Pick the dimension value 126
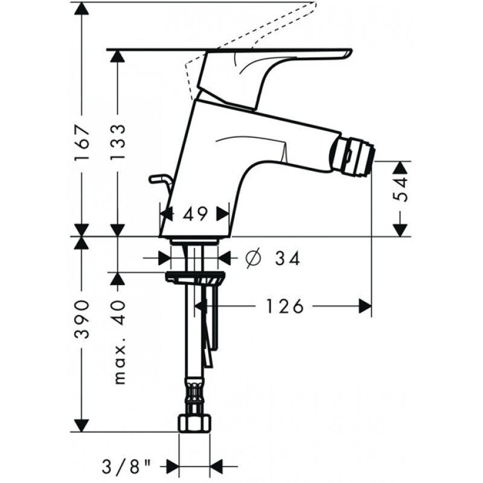[283, 307]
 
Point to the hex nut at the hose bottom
[194, 422]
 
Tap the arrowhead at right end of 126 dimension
[365, 307]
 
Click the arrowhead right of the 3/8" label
[216, 466]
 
